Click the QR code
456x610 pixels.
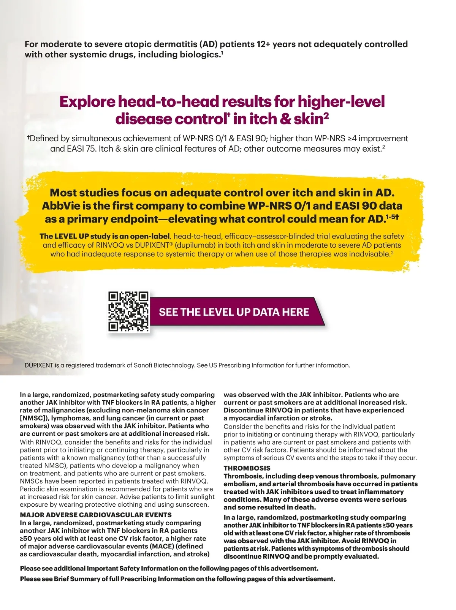point(128,311)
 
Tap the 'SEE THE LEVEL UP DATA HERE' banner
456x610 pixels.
point(234,312)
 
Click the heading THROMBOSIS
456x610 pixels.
point(247,468)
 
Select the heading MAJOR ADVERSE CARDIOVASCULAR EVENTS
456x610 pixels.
point(96,515)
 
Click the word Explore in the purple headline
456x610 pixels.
point(87,102)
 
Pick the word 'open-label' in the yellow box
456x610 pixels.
point(150,236)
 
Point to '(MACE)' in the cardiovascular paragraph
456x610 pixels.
point(161,546)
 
